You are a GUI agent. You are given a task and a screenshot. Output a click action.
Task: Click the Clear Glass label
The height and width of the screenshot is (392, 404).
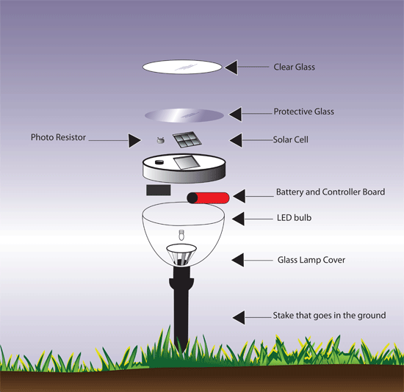click(x=294, y=67)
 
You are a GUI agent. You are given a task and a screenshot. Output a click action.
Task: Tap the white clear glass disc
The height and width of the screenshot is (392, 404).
click(x=182, y=67)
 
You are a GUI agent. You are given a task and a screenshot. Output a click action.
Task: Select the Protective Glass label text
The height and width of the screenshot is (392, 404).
click(x=303, y=112)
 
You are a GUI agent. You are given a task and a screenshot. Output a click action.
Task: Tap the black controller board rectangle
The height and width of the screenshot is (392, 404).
click(x=158, y=190)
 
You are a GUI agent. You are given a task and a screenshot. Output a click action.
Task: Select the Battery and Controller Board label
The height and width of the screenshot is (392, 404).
click(x=330, y=192)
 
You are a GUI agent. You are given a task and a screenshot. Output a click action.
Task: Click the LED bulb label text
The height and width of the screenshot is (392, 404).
click(x=294, y=218)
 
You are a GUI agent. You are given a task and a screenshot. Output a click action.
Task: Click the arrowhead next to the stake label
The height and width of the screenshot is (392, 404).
click(x=239, y=316)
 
